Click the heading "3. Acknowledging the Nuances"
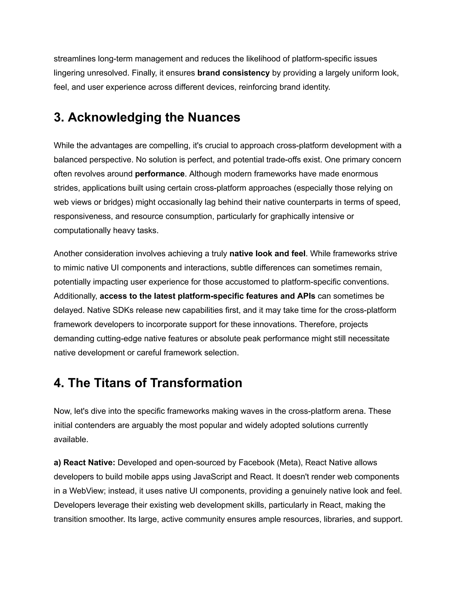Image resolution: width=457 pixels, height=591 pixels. [147, 118]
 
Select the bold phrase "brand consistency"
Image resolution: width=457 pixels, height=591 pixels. [233, 73]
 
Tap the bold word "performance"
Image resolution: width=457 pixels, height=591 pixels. [160, 174]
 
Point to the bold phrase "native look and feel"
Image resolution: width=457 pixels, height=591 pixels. [268, 254]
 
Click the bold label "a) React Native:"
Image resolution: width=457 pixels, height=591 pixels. [85, 463]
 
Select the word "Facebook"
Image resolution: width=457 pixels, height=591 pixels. [256, 463]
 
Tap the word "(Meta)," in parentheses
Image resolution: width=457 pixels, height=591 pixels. [290, 463]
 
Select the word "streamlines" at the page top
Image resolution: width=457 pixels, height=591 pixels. [75, 59]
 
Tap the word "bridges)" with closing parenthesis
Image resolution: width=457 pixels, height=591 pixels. [118, 202]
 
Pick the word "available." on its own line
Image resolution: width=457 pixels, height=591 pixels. [71, 440]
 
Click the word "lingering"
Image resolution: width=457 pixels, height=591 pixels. [69, 73]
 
